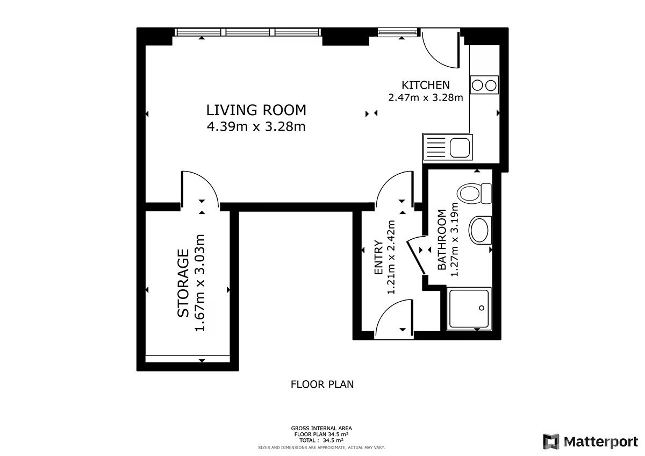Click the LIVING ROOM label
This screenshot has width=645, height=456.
pyautogui.click(x=256, y=110)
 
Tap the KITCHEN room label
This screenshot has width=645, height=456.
pyautogui.click(x=425, y=85)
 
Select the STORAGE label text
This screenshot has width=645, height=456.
pyautogui.click(x=183, y=283)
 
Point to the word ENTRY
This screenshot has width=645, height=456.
pyautogui.click(x=378, y=257)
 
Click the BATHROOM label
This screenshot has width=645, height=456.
pyautogui.click(x=442, y=240)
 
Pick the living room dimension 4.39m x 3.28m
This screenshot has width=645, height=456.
pyautogui.click(x=256, y=127)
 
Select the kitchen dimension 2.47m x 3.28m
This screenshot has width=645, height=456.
pyautogui.click(x=425, y=98)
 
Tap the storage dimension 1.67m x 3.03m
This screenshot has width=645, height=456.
pyautogui.click(x=199, y=283)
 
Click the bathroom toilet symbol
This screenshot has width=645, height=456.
pyautogui.click(x=474, y=193)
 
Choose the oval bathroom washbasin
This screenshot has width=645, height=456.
pyautogui.click(x=480, y=230)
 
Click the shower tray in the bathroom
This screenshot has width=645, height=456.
pyautogui.click(x=469, y=309)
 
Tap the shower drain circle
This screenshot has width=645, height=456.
pyautogui.click(x=482, y=308)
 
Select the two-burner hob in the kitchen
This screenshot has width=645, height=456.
pyautogui.click(x=484, y=84)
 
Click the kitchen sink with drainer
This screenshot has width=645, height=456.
pyautogui.click(x=447, y=147)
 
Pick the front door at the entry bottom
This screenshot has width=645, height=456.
pyautogui.click(x=394, y=319)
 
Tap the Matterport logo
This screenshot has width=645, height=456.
pyautogui.click(x=590, y=442)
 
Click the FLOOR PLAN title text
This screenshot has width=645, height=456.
pyautogui.click(x=322, y=384)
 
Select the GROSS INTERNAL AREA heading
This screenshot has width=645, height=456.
pyautogui.click(x=321, y=429)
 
